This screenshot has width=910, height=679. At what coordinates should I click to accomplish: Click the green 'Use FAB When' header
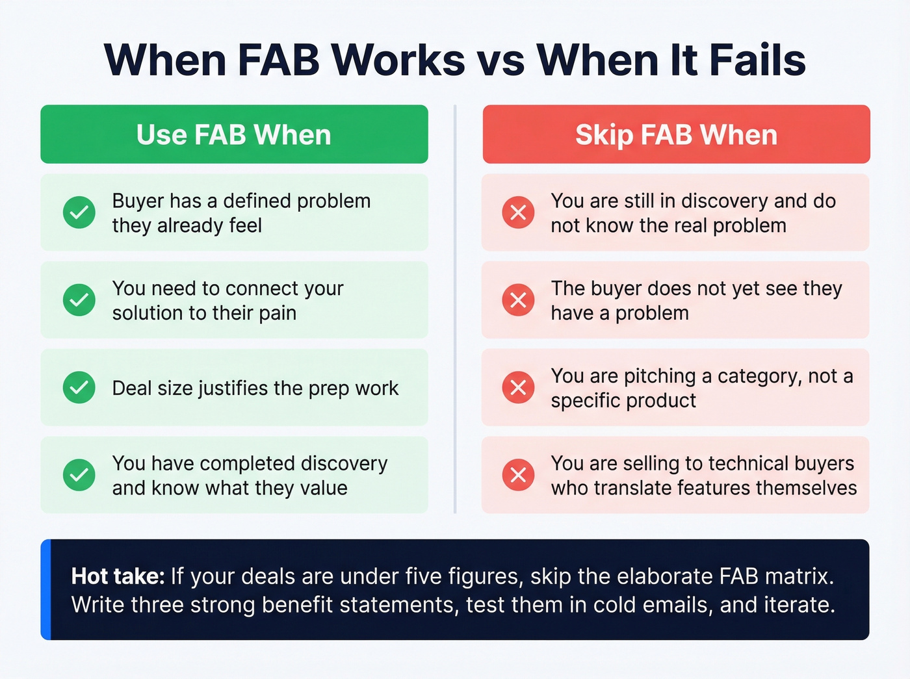234,135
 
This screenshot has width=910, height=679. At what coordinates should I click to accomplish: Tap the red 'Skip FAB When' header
676,135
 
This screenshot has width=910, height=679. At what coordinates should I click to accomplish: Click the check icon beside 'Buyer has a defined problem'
79,212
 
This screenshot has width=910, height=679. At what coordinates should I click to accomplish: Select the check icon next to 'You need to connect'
79,300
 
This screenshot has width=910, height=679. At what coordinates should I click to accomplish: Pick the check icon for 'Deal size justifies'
79,387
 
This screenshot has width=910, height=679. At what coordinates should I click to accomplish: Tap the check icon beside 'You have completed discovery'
79,475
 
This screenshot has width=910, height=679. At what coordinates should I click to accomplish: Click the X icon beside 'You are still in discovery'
518,212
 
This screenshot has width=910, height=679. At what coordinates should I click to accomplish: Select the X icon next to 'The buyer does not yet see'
518,300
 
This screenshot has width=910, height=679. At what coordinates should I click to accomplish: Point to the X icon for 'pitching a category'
518,387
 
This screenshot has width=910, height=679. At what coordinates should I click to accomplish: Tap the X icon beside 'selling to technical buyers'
518,475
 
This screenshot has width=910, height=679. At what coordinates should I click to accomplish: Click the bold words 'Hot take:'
118,576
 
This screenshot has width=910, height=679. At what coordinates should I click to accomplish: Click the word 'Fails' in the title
757,60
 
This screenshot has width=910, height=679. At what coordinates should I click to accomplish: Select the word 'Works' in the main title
398,60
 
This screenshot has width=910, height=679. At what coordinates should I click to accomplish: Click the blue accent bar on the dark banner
45,589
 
